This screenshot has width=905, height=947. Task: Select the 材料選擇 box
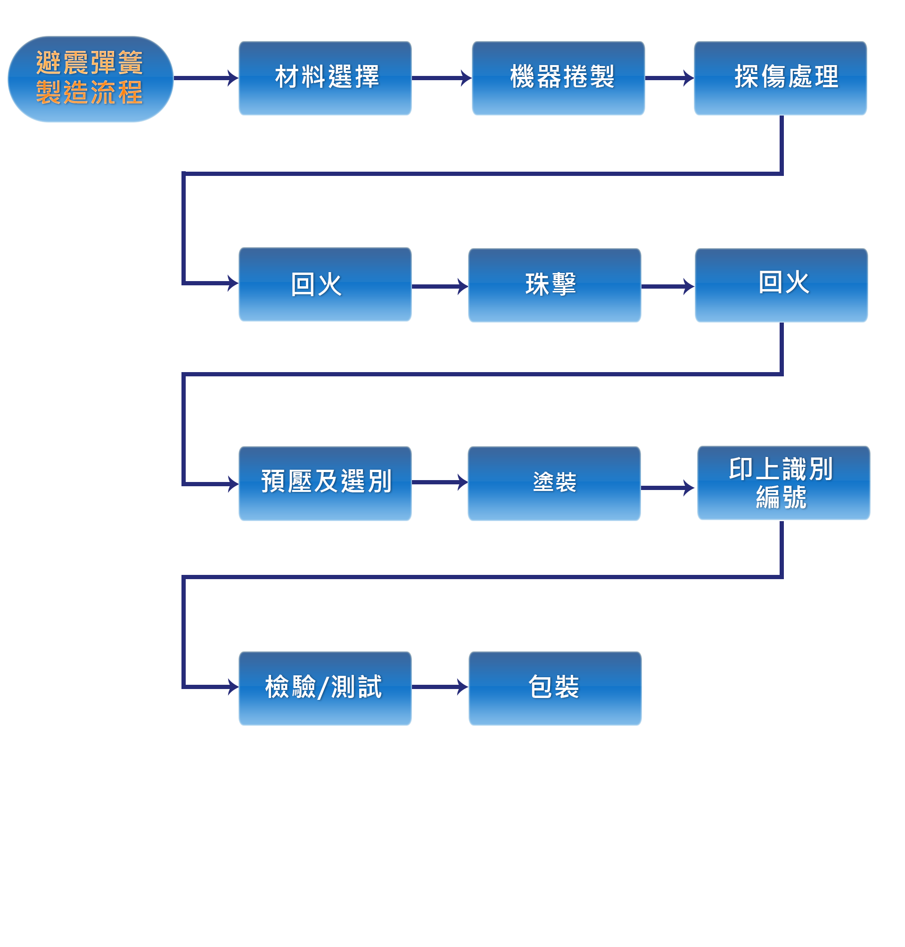tap(325, 78)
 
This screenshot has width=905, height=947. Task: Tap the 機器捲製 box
tap(558, 78)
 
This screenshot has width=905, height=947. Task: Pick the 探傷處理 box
tap(780, 78)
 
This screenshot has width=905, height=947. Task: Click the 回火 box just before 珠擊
tap(325, 284)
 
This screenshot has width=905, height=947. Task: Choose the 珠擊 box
tap(554, 285)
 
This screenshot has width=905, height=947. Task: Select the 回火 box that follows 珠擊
tap(781, 285)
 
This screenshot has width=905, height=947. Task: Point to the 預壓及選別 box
tap(325, 483)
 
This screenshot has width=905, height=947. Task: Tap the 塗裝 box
tap(554, 483)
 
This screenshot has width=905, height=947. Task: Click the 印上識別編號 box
tap(783, 482)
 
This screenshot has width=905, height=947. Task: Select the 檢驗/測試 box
tap(325, 688)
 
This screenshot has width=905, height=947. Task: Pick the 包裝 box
tap(554, 688)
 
